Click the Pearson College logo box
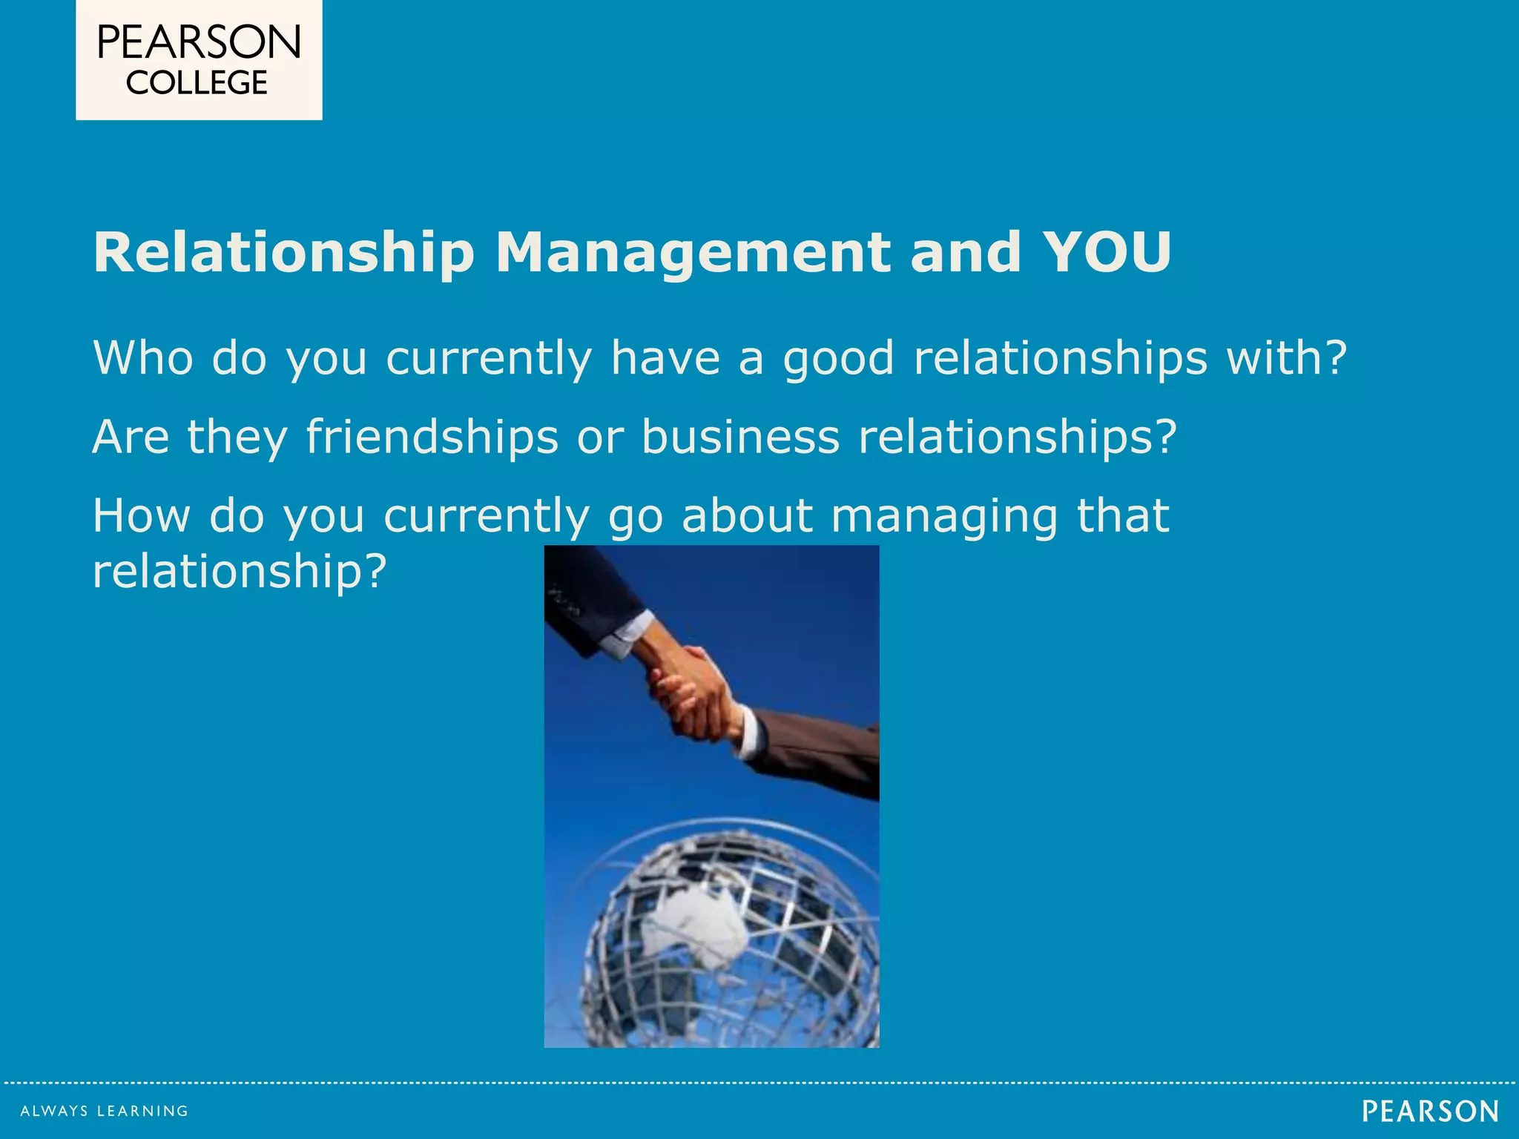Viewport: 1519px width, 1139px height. click(199, 59)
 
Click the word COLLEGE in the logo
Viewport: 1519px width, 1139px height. click(197, 83)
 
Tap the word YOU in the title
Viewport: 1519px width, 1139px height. click(1107, 252)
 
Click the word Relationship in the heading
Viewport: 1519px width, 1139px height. click(283, 254)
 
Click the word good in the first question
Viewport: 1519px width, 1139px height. click(839, 359)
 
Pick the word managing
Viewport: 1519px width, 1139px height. click(944, 516)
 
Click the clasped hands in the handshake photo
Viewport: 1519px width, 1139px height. click(693, 694)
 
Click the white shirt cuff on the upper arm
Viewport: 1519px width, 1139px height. click(627, 635)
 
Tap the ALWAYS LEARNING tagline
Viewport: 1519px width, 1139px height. click(105, 1111)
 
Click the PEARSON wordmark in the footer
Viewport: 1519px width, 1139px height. click(1430, 1111)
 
